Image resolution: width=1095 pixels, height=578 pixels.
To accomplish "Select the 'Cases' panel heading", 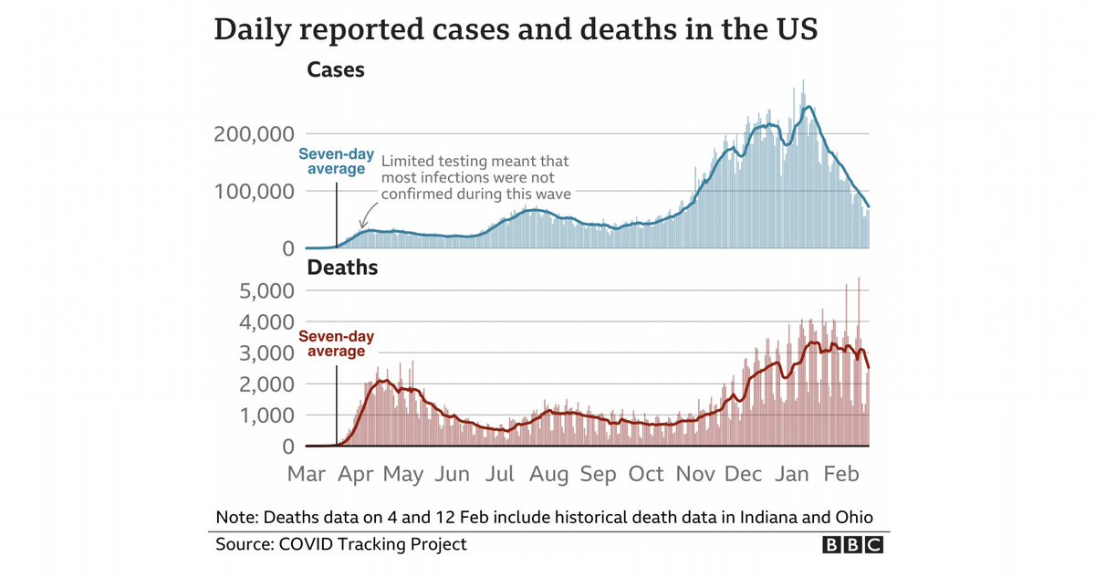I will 336,69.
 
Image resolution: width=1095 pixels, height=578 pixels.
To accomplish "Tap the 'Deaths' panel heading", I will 343,268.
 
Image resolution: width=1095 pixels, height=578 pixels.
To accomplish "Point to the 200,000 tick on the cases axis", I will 252,134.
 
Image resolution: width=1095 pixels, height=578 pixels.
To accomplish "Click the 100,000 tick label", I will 252,192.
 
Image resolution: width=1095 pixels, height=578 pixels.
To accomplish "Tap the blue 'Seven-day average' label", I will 332,161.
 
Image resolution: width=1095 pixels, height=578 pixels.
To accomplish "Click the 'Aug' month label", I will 549,475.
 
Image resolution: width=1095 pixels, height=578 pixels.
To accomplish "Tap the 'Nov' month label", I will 696,475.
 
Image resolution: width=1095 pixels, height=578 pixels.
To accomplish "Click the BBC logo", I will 853,545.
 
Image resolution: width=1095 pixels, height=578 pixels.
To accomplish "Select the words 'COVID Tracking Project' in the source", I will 381,544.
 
